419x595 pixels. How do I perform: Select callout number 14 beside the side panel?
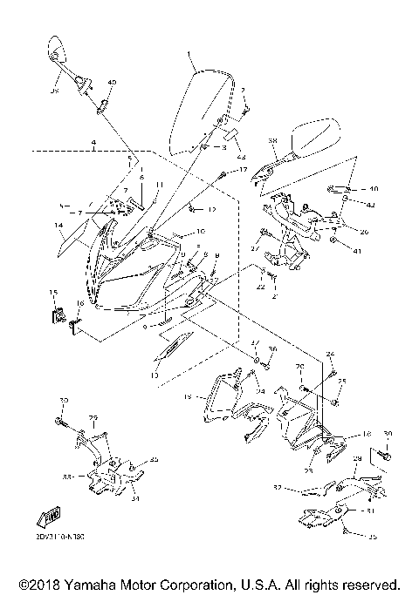coord(58,226)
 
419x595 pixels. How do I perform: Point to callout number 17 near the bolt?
coord(244,169)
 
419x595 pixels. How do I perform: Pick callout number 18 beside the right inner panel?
coord(367,433)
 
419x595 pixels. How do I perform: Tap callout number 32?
coord(276,488)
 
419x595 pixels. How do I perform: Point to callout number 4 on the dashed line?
coord(93,141)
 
